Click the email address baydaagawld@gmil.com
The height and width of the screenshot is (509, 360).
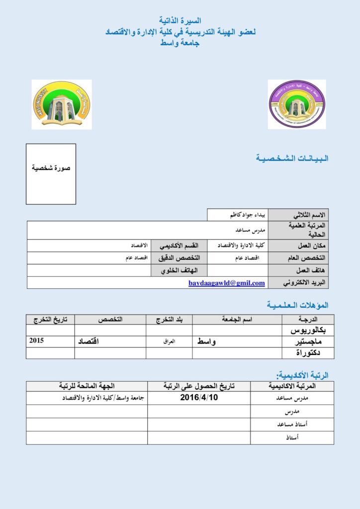click(226, 283)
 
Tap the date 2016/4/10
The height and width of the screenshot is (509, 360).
click(199, 398)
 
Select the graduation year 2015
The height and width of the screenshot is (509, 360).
click(37, 341)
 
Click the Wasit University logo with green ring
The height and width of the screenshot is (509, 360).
click(61, 104)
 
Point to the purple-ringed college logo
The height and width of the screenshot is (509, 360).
click(297, 104)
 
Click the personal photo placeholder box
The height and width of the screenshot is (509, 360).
click(51, 174)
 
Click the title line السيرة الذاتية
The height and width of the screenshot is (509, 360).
click(180, 21)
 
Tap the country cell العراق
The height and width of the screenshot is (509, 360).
click(170, 341)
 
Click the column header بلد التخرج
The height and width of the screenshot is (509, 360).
click(169, 319)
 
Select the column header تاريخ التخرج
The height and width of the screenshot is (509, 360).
click(50, 319)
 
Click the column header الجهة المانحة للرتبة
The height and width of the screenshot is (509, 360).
click(87, 386)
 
